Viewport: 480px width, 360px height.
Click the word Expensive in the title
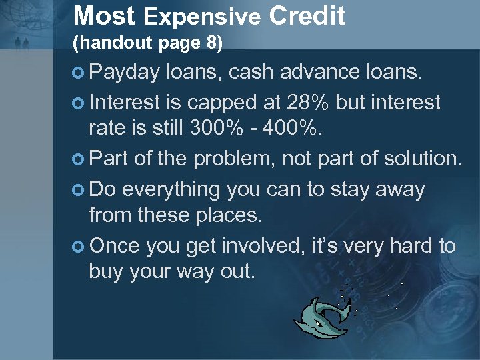click(x=201, y=16)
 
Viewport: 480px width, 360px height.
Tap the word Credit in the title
click(x=307, y=15)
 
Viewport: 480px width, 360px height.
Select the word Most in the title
click(x=104, y=15)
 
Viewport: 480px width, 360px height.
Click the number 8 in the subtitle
click(x=211, y=43)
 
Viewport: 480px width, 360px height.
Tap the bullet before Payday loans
click(x=79, y=72)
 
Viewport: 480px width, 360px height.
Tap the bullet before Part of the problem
click(x=79, y=159)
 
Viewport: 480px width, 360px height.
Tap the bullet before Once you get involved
click(x=79, y=246)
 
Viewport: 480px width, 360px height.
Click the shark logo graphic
click(x=326, y=315)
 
